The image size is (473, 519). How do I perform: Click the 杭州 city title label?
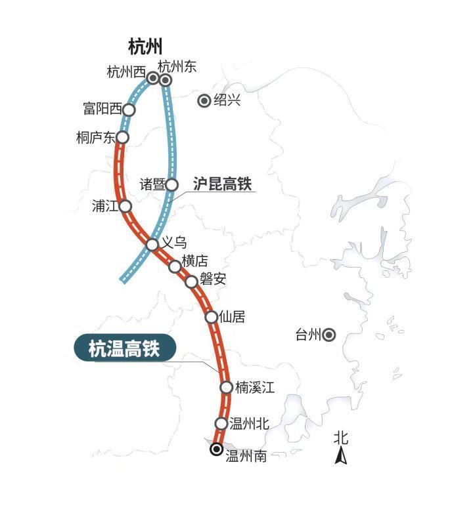tap(145, 47)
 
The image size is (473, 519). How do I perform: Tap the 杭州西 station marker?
tap(153, 78)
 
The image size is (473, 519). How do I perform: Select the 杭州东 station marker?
tap(166, 80)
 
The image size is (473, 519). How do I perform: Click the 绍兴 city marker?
tap(204, 100)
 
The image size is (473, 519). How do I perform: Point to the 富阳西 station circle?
tap(129, 110)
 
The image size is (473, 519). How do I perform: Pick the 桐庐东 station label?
tap(95, 138)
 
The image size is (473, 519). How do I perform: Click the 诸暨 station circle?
tap(171, 184)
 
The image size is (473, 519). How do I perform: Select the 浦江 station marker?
tap(125, 206)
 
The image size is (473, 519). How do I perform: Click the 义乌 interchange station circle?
tap(152, 245)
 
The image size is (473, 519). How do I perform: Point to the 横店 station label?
tap(195, 260)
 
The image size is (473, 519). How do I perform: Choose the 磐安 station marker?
tap(191, 281)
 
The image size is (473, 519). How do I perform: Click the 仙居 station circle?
tap(212, 317)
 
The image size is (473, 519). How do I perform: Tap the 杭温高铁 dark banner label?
tap(124, 348)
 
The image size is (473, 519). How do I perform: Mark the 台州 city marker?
tap(329, 335)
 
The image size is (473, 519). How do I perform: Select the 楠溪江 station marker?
tap(226, 387)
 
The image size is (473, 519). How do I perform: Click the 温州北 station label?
tap(250, 423)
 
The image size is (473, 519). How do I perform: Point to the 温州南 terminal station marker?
tap(216, 449)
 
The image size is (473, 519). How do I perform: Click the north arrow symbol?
tap(341, 456)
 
